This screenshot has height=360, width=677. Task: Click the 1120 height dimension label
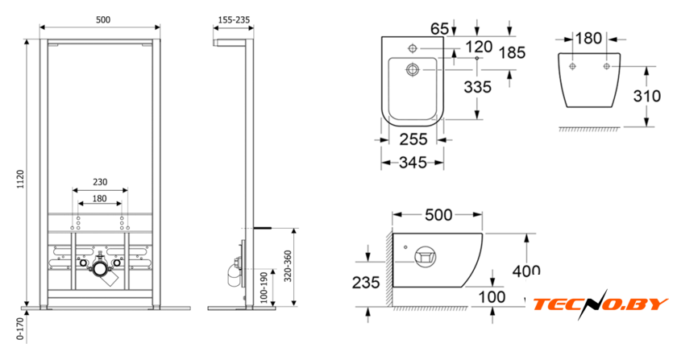pos(20,180)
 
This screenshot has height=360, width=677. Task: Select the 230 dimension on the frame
pos(100,182)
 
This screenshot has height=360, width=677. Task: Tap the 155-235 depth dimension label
pos(234,20)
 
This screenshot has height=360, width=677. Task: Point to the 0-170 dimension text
pos(20,329)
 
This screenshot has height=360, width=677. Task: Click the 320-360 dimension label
pos(289,266)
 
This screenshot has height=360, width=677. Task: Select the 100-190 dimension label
pos(264,287)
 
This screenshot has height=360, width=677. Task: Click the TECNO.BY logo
pos(600,304)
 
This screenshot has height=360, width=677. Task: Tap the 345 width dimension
pos(413,163)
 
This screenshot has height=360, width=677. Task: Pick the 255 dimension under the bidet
pos(413,139)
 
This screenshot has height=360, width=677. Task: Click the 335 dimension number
pos(477,87)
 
